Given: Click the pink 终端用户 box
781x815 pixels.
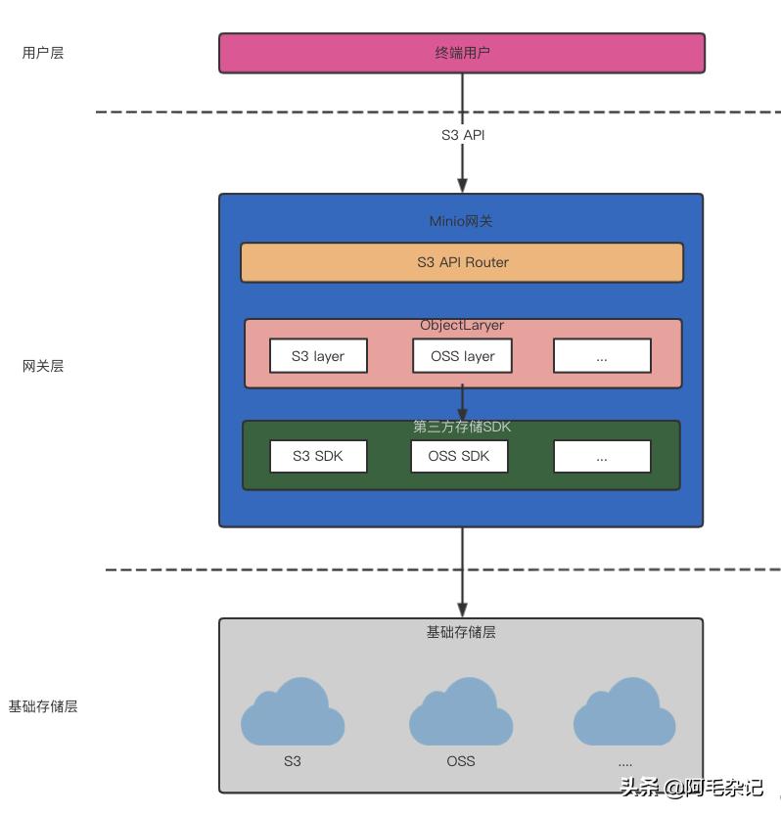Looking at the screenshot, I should click(461, 53).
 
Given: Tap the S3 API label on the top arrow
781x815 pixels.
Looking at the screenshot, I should click(462, 135).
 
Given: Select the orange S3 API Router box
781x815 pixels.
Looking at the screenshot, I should click(462, 262).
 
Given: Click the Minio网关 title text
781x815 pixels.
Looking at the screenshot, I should click(461, 221).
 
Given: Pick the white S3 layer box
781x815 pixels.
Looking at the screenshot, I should click(318, 356).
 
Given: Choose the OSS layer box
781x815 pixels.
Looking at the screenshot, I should click(462, 356).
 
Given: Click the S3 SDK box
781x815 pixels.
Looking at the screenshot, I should click(318, 456).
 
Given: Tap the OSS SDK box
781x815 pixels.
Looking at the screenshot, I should click(459, 456).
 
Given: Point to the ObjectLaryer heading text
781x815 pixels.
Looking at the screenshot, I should click(462, 326).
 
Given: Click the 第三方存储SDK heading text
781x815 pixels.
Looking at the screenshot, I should click(462, 427).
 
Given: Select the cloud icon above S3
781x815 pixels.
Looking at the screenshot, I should click(293, 712).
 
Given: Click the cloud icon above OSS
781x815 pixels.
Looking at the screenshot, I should click(461, 712).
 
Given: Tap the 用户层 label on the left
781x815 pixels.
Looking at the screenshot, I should click(43, 53).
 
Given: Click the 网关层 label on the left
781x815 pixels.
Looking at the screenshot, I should click(43, 366).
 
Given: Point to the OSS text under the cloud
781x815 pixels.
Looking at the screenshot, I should click(461, 760).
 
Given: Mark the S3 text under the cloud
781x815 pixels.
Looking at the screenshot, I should click(293, 760).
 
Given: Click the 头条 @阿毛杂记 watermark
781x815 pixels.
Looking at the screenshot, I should click(691, 788).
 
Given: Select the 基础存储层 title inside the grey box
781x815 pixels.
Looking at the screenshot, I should click(461, 632).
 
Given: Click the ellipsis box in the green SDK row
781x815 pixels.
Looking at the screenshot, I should click(602, 456).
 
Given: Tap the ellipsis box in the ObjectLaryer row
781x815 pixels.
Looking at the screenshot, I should click(602, 356).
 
